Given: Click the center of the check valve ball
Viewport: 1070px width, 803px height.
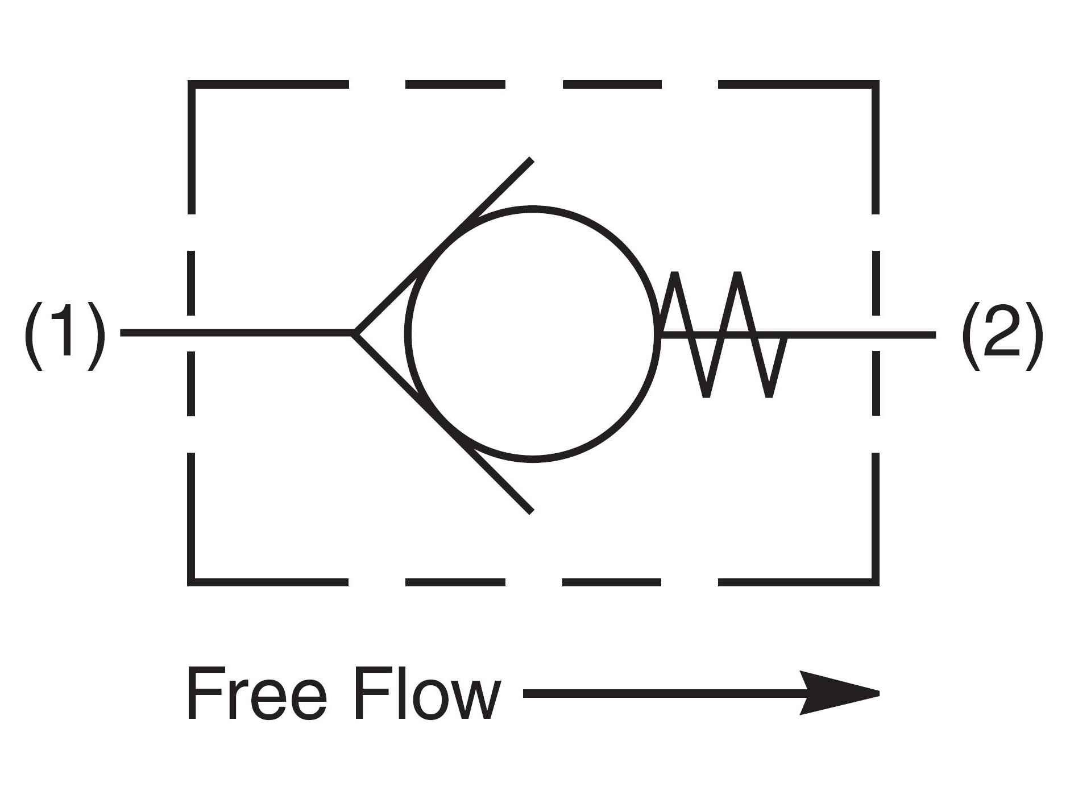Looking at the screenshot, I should [533, 334].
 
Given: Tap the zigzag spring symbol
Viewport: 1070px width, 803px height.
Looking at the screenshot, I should [722, 334].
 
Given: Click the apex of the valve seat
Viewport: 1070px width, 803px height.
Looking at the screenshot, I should [354, 333].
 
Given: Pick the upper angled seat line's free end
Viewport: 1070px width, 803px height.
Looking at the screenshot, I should [532, 160].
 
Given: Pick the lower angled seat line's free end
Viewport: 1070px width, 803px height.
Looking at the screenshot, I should [532, 511].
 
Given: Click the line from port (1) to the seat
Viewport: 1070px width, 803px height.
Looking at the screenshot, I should [239, 333].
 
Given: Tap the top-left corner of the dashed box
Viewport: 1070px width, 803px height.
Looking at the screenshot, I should [192, 85].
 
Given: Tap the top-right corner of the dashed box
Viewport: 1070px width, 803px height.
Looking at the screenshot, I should [876, 85].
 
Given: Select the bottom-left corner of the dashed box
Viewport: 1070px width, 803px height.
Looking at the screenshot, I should [192, 582].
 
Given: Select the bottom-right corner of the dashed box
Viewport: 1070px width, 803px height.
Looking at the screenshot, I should [876, 582].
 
